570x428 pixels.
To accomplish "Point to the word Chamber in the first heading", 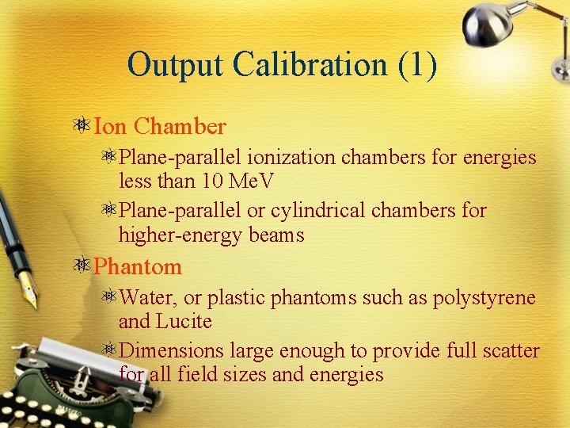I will (x=180, y=126).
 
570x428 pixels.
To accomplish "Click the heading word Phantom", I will (x=138, y=266).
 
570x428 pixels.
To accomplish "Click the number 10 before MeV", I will (x=213, y=181).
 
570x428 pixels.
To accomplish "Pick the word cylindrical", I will (x=317, y=211).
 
